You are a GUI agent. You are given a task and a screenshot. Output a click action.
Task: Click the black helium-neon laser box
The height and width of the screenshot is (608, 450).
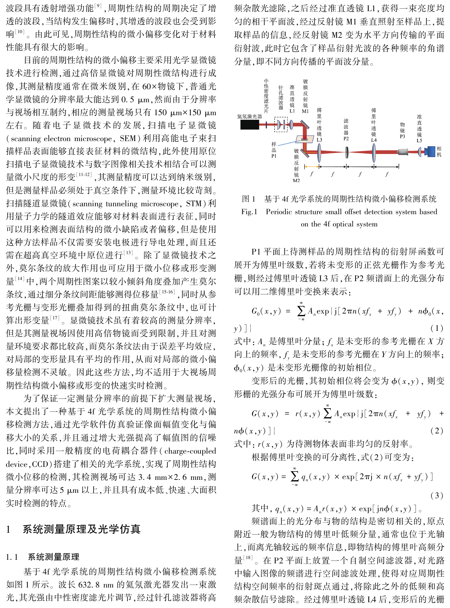point(249,125)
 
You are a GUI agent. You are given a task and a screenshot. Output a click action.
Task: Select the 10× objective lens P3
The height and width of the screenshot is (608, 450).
point(402,152)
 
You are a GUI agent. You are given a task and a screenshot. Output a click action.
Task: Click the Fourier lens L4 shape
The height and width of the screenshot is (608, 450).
point(374,152)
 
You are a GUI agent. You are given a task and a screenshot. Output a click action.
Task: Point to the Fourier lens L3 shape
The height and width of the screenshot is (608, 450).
point(319,152)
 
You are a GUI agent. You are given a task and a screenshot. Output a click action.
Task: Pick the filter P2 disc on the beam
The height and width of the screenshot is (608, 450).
point(346,152)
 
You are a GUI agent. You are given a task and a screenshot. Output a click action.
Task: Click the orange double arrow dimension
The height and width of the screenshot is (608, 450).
point(312,166)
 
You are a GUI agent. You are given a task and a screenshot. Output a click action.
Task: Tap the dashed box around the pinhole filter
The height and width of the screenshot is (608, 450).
point(281,124)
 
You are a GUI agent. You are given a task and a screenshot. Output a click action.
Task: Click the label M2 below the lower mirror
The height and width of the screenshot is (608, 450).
point(296,180)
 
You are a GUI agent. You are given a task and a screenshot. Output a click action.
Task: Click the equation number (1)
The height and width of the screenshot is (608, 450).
point(437,328)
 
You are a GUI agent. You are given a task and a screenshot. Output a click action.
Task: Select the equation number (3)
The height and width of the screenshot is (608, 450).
point(437,495)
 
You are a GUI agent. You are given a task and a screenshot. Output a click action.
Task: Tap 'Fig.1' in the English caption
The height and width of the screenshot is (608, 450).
point(249,212)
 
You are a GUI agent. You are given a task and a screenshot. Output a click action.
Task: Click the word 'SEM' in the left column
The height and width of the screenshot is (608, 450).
point(127,139)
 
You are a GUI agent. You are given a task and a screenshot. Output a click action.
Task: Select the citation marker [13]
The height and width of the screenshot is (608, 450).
point(128,253)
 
